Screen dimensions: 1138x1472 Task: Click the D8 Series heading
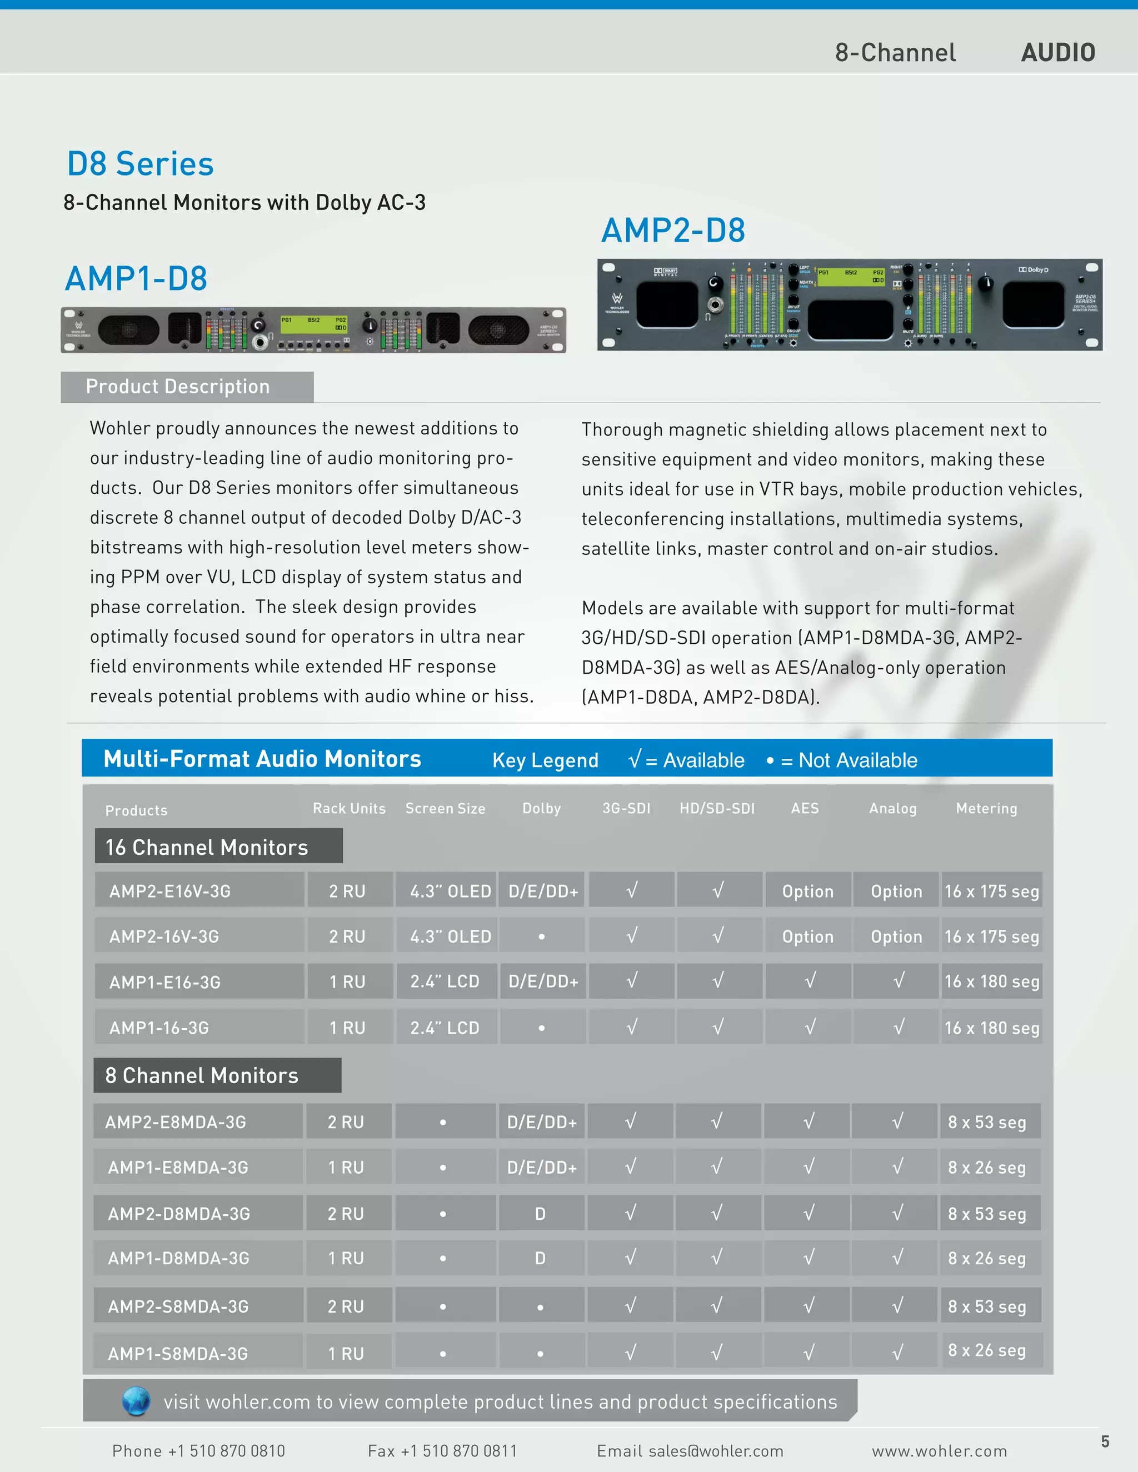tap(140, 164)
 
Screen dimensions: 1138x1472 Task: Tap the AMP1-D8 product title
tap(136, 278)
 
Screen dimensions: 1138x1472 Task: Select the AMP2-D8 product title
tap(673, 231)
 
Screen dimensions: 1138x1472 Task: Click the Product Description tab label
tap(177, 387)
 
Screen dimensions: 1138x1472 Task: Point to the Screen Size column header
tap(445, 808)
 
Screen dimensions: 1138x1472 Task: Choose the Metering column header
tap(986, 808)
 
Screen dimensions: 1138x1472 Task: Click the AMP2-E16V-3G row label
tap(170, 891)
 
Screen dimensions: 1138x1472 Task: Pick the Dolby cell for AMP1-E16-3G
tap(543, 982)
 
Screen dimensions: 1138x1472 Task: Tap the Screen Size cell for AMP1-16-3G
tap(445, 1028)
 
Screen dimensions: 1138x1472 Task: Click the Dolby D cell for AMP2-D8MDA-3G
tap(540, 1214)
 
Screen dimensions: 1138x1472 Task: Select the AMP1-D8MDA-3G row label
tap(179, 1258)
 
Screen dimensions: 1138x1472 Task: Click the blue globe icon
tap(136, 1401)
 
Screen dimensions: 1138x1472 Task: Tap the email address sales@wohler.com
tap(690, 1451)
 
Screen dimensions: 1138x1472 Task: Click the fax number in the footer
tap(442, 1451)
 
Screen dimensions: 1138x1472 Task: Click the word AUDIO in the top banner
tap(1058, 53)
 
